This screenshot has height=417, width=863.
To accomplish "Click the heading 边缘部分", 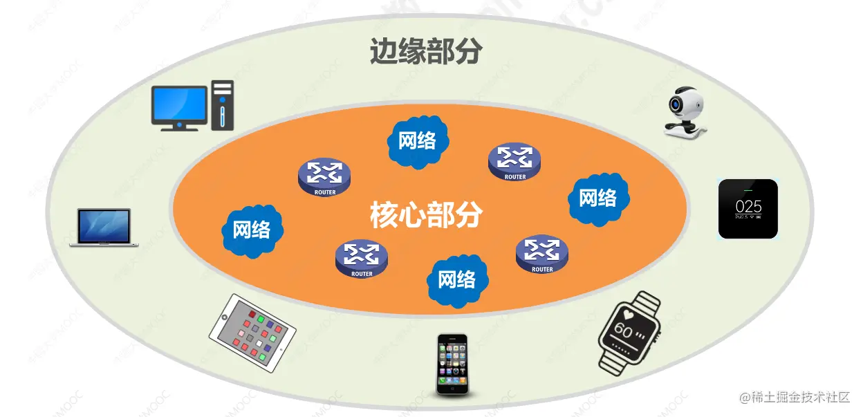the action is coord(425,51).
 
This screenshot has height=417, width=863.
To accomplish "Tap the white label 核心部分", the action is coord(425,215).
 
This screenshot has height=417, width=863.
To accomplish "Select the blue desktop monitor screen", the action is coord(179,104).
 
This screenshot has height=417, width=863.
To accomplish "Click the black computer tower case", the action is coord(223,104).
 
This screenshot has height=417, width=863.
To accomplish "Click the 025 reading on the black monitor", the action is coord(748,206).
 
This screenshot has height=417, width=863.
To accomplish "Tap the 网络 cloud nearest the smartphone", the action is coord(457,279).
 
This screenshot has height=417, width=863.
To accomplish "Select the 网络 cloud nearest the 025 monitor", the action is coord(597,198).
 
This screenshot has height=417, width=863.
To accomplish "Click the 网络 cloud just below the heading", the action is coord(418,141).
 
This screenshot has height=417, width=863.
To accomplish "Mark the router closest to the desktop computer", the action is coord(324,178).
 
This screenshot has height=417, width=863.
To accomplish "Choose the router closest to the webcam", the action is coord(514,162).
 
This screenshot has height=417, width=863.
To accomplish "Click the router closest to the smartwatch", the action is coord(542,254).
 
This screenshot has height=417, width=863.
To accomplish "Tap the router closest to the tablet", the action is coord(361,259).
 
